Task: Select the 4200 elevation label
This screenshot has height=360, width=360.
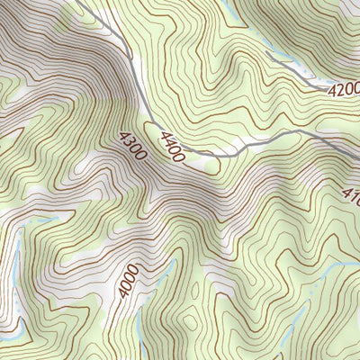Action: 343,90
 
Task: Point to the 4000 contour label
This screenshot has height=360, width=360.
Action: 129,282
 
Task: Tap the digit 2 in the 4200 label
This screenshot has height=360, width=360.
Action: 338,90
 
